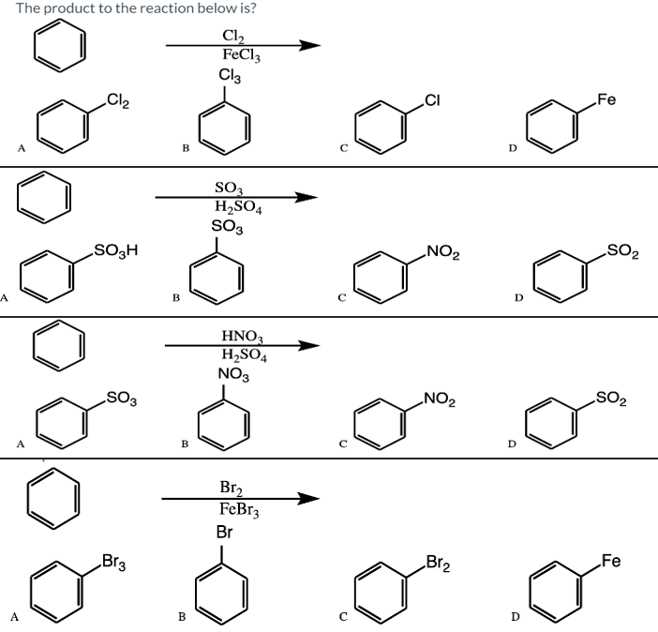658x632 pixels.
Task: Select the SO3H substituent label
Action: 117,250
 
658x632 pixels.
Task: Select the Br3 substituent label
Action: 114,564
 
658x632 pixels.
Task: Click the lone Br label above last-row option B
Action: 225,532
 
